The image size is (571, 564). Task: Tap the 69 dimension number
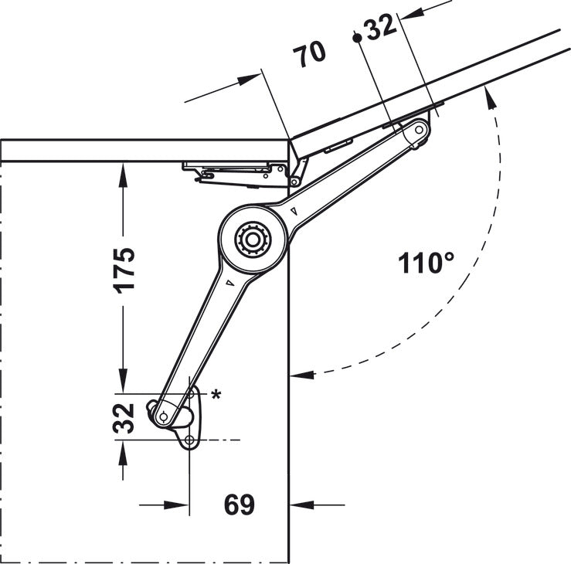239,505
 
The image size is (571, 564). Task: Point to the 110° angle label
426,263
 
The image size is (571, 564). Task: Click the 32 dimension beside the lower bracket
124,417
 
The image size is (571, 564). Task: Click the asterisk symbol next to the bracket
216,395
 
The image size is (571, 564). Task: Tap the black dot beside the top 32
355,37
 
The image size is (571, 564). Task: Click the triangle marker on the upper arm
296,209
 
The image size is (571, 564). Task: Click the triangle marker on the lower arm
229,283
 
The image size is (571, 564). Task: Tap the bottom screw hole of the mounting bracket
189,440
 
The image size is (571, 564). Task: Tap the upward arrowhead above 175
122,172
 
